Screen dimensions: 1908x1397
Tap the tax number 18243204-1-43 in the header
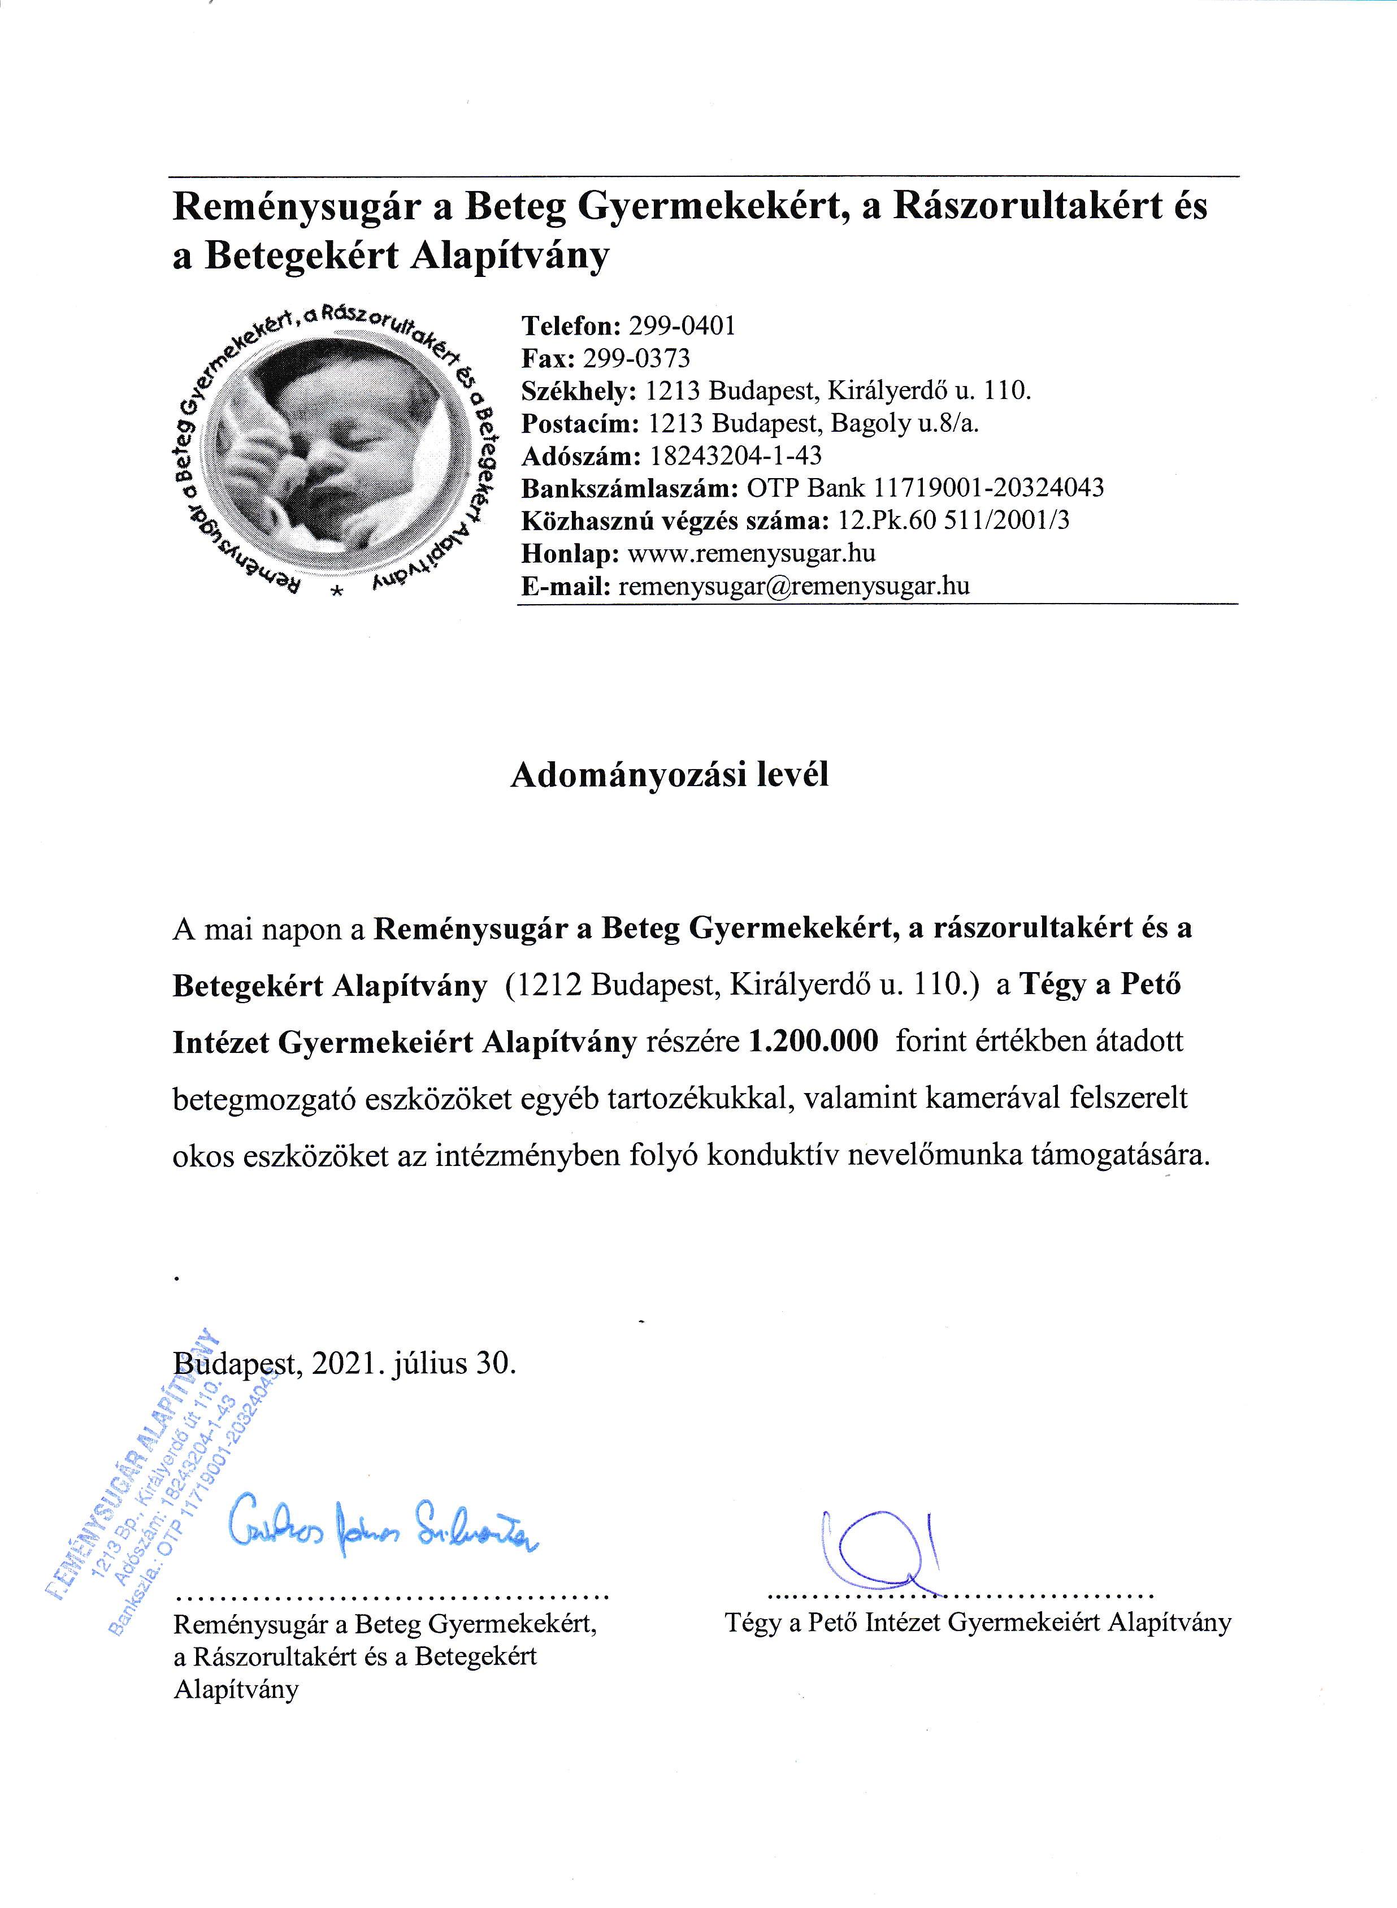tap(736, 456)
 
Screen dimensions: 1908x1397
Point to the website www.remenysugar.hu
tap(753, 553)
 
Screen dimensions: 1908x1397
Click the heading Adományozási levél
tap(669, 775)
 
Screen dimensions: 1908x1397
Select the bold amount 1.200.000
tap(814, 1041)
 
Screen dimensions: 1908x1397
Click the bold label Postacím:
tap(580, 423)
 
